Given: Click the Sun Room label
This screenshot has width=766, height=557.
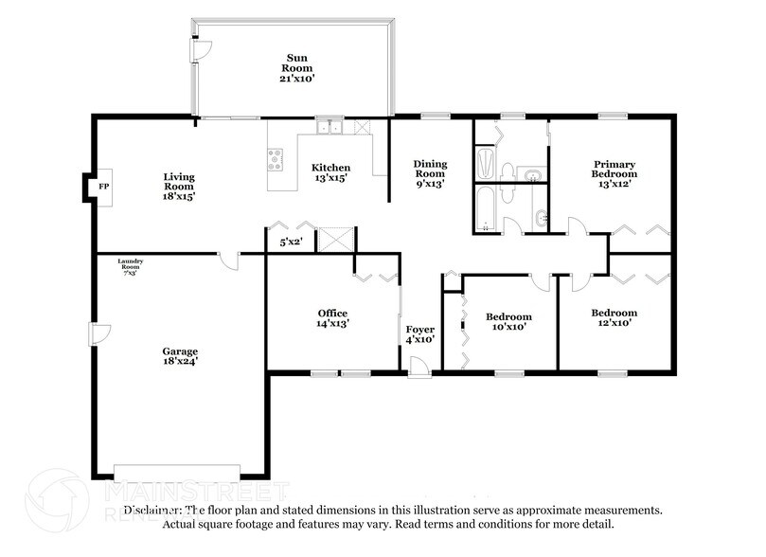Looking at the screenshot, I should pos(294,67).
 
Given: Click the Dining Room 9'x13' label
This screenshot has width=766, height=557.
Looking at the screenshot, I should pos(429,174).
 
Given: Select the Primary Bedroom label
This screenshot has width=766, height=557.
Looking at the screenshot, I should pos(614,173).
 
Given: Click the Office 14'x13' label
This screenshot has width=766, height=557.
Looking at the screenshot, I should pos(332,318).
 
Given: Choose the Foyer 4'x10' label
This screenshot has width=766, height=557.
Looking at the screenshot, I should pos(419,333).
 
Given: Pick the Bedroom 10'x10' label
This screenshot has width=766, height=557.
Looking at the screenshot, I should pos(508,321).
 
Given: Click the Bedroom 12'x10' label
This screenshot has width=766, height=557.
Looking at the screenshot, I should pos(614,317).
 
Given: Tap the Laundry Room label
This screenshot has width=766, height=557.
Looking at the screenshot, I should pos(128,266).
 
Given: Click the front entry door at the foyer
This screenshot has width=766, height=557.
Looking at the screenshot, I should pos(419,368).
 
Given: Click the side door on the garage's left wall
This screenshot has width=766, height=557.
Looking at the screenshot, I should pos(98,333).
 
